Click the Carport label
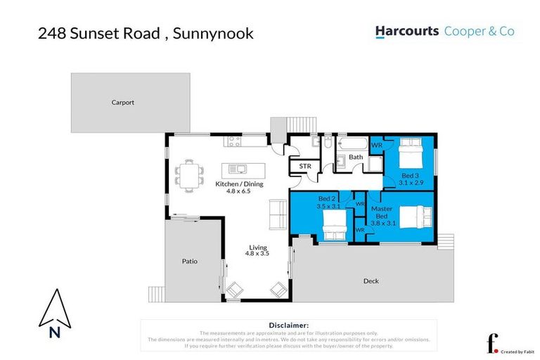click(122, 103)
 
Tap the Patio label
click(189, 262)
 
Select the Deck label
click(371, 281)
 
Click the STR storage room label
click(305, 167)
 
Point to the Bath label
click(356, 157)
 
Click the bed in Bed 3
click(411, 152)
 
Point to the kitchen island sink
click(238, 169)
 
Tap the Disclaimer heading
click(288, 326)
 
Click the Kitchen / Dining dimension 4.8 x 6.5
click(238, 191)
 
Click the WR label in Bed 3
click(376, 146)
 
